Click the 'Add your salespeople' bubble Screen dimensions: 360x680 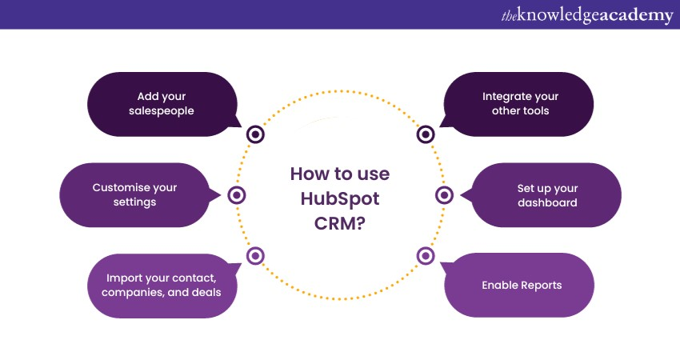[x=162, y=103]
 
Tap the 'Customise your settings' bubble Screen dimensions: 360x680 [x=134, y=194]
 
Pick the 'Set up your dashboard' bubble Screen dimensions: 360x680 [x=547, y=194]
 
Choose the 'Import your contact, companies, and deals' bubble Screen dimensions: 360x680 [x=162, y=285]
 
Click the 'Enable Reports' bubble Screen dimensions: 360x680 [x=520, y=285]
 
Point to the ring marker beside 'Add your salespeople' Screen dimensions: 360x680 [x=255, y=134]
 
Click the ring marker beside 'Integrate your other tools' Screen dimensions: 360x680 [x=426, y=134]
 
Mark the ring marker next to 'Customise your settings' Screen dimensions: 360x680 [x=237, y=194]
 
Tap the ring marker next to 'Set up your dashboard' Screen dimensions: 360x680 [x=445, y=194]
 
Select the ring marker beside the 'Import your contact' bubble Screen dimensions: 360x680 [x=255, y=256]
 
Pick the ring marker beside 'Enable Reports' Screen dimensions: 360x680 [x=426, y=256]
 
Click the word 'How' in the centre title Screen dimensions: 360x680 [x=310, y=174]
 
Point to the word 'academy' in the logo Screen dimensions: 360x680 [x=633, y=16]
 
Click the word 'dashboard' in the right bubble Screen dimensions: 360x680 [x=547, y=202]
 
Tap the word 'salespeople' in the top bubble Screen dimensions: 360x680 [x=162, y=111]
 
